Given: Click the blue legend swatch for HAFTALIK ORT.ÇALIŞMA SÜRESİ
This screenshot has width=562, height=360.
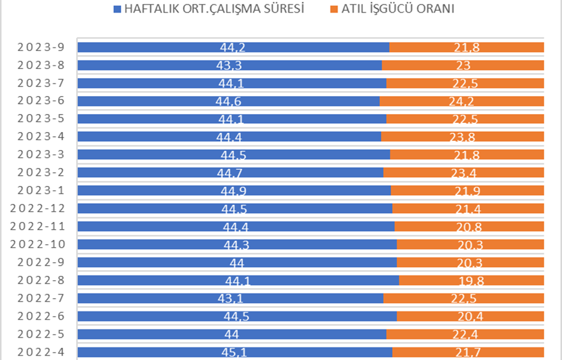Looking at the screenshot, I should (116, 10).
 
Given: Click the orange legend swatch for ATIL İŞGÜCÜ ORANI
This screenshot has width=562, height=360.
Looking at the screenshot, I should (333, 10).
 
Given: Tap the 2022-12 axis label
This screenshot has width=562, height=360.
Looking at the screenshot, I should (41, 209).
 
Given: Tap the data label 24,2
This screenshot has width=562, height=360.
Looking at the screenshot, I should (462, 101).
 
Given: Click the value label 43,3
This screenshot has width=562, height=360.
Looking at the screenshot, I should (229, 65).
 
